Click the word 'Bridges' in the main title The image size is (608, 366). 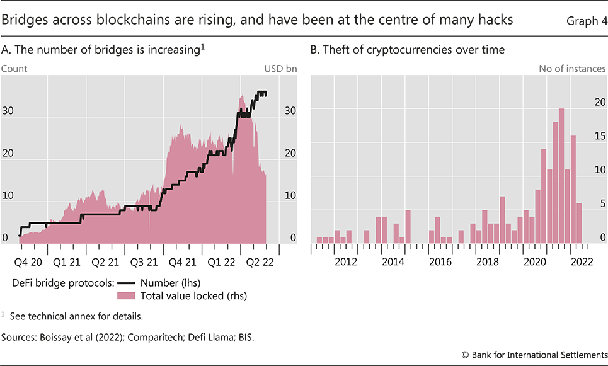point(25,20)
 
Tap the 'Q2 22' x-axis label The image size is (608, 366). point(260,261)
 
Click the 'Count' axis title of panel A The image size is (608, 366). point(14,67)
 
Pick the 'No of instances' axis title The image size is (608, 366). point(572,67)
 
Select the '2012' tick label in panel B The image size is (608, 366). point(347,261)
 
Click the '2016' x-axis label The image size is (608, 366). point(440,261)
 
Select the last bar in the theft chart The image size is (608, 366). point(579,223)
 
